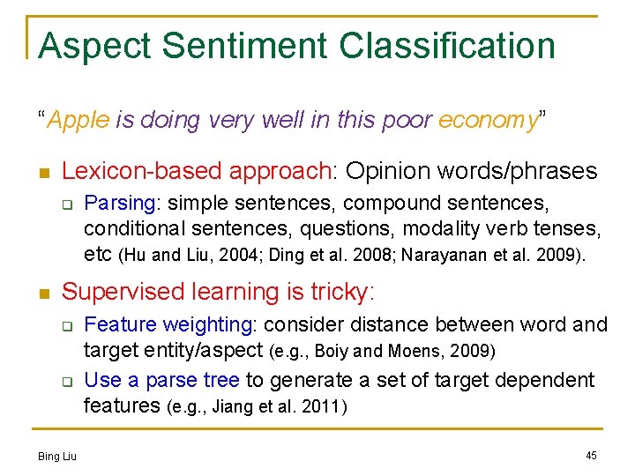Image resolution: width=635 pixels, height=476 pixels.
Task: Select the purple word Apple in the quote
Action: (78, 120)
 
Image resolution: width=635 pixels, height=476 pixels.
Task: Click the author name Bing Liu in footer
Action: (57, 456)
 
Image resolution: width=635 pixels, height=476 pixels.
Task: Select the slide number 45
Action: (590, 455)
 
